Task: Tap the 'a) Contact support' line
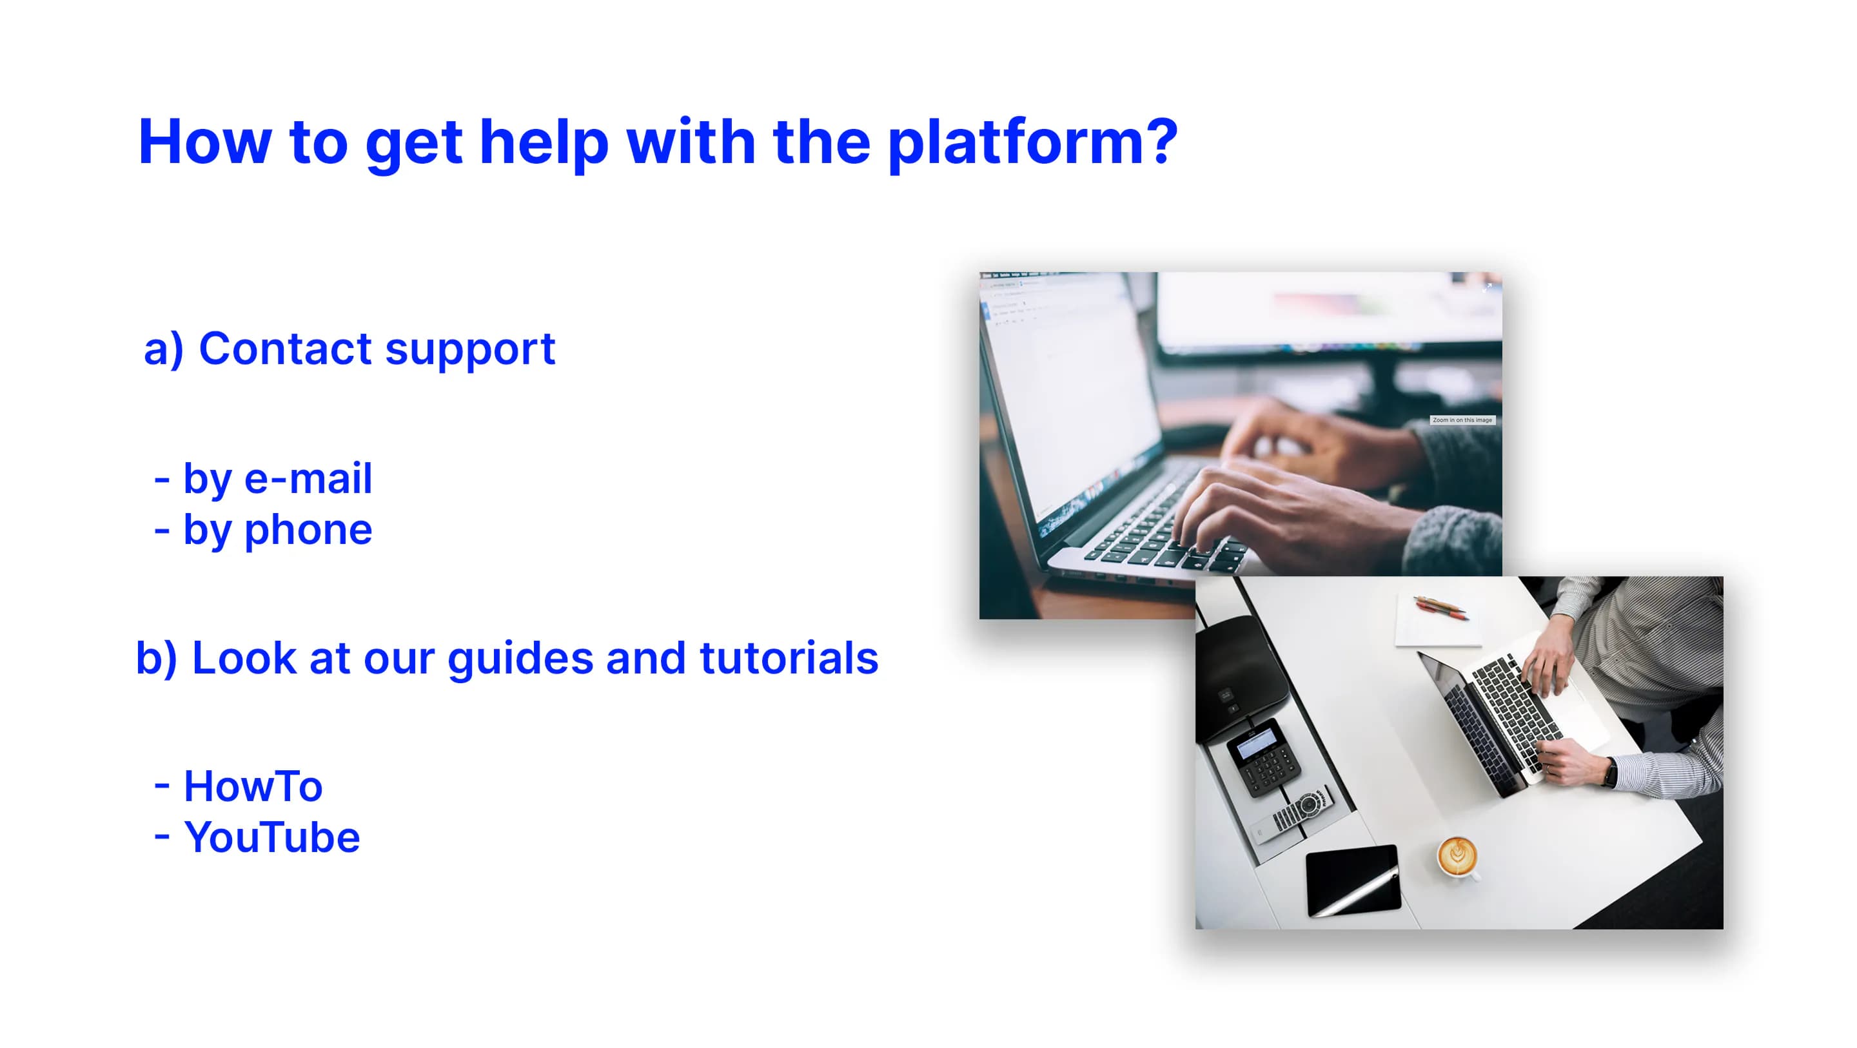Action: pos(349,349)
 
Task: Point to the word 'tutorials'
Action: pos(789,658)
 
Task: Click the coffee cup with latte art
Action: pos(1457,857)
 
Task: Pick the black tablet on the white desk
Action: pos(1353,882)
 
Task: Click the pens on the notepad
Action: pos(1440,607)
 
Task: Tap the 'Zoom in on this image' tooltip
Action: pos(1462,420)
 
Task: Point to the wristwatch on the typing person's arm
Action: pos(1611,772)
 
